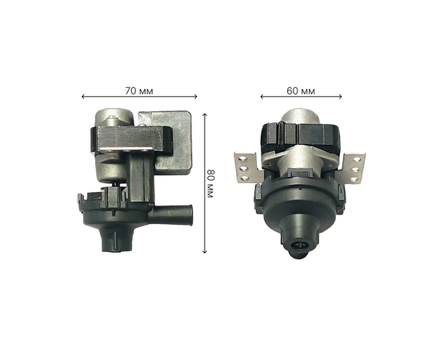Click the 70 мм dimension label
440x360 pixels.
[x=139, y=91]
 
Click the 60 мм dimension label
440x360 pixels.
[x=301, y=91]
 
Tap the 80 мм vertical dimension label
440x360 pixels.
[x=210, y=183]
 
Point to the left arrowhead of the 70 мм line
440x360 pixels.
[x=83, y=97]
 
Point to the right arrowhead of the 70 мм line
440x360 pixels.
[x=195, y=97]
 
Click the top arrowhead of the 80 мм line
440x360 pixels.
[x=205, y=115]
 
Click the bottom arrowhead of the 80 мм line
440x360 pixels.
[x=205, y=251]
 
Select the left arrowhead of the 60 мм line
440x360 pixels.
[x=262, y=97]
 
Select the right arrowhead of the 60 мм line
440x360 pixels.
[x=340, y=97]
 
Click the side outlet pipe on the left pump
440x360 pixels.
[x=170, y=214]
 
